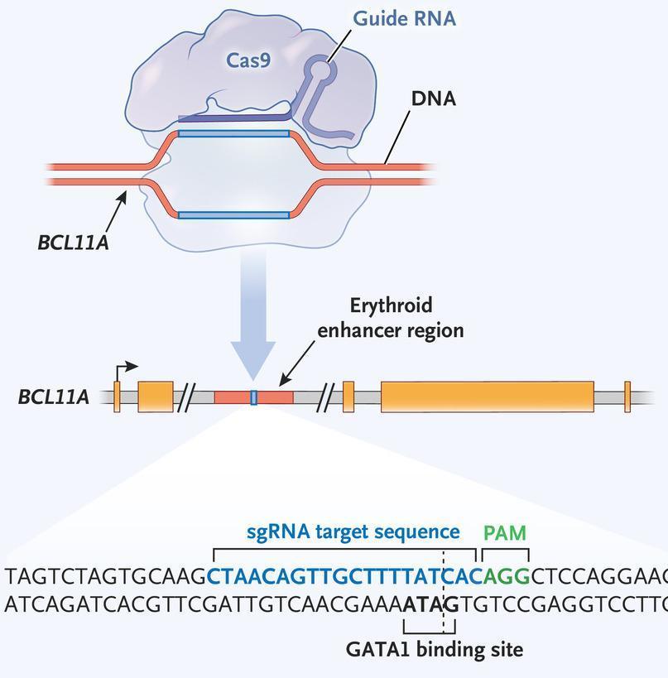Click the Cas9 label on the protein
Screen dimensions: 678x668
click(249, 60)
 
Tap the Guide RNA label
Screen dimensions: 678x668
click(404, 18)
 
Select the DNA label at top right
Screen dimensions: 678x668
click(433, 99)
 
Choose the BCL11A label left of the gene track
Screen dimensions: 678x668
click(53, 397)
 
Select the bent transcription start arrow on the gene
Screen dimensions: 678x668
click(125, 369)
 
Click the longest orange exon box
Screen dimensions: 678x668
click(487, 397)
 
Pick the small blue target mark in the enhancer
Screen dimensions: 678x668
click(253, 397)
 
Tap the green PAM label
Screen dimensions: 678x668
click(505, 531)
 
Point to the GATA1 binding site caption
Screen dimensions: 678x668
click(435, 649)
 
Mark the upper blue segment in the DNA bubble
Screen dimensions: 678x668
click(233, 132)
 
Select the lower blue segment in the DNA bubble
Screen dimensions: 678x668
click(233, 215)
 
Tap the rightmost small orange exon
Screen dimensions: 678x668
click(627, 397)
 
